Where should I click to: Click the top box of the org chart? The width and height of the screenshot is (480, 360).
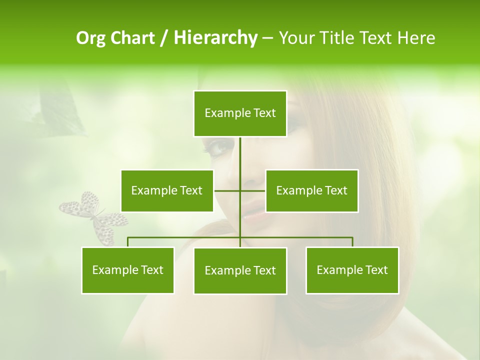(x=240, y=113)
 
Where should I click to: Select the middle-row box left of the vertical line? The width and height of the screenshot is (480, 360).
(x=167, y=190)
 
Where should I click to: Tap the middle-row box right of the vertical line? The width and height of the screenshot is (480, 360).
(x=311, y=190)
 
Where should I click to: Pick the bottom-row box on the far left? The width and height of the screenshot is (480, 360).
(x=128, y=270)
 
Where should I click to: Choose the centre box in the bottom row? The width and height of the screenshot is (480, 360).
(x=240, y=270)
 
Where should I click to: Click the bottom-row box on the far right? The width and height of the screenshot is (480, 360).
(x=352, y=270)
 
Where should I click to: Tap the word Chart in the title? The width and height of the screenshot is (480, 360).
(x=132, y=38)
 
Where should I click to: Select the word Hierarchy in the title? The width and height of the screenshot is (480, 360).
(x=215, y=38)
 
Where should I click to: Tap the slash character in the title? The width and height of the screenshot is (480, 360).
(x=165, y=38)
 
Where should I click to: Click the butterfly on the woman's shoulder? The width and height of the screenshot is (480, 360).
(x=95, y=218)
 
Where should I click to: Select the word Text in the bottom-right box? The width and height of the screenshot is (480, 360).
(x=376, y=270)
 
